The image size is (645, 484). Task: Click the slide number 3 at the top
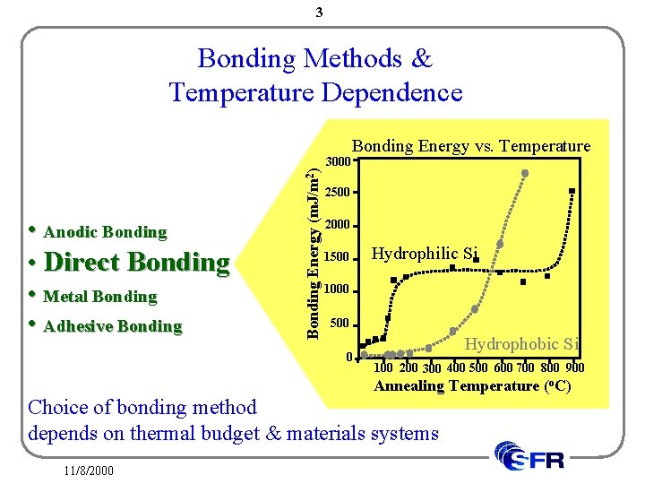pos(320,13)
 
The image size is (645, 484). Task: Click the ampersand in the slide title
pos(421,59)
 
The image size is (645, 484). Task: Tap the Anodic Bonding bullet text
pos(105,232)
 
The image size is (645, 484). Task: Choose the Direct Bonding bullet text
pos(136,263)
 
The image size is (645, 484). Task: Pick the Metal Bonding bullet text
pos(99,296)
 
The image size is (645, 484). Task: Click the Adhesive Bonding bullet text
pos(112,326)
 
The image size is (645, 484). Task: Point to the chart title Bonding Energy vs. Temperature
pos(470,146)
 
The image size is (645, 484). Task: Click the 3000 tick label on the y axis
pos(337,162)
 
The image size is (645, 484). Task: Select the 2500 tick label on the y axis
pos(337,193)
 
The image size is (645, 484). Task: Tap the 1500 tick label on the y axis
pos(337,258)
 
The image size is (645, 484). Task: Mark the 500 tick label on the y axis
pos(340,323)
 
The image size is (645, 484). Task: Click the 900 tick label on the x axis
pos(574,367)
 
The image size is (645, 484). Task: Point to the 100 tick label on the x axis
pos(383,367)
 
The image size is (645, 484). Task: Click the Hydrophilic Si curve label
pos(425,254)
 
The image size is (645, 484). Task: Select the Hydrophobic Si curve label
pos(523,343)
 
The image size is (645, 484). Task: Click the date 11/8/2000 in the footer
pos(89,469)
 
